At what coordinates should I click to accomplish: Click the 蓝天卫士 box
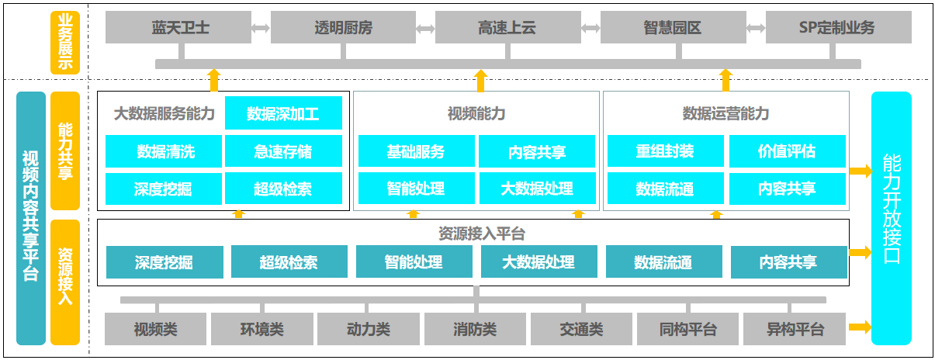pos(180,28)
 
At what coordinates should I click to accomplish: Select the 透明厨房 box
pos(344,28)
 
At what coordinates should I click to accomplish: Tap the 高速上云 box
pos(507,28)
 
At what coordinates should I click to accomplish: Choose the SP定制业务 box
pos(836,28)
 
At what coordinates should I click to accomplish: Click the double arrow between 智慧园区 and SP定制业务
pos(756,28)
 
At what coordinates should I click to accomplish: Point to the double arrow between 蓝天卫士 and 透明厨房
pos(261,28)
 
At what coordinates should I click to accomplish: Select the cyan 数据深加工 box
pos(283,113)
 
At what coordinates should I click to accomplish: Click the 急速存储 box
pos(283,151)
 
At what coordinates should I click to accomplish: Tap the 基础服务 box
pos(416,151)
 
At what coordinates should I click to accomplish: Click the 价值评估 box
pos(787,151)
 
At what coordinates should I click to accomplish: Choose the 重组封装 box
pos(665,151)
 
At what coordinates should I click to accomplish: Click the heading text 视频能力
pos(476,114)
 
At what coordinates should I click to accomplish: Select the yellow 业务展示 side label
pos(65,42)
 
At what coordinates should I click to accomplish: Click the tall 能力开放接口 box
pos(891,218)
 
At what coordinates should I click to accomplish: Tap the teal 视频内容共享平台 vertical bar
pos(31,218)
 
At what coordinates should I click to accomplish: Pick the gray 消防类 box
pos(475,329)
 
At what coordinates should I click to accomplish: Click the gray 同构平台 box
pos(687,329)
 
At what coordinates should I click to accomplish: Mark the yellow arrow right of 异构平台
pos(860,327)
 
